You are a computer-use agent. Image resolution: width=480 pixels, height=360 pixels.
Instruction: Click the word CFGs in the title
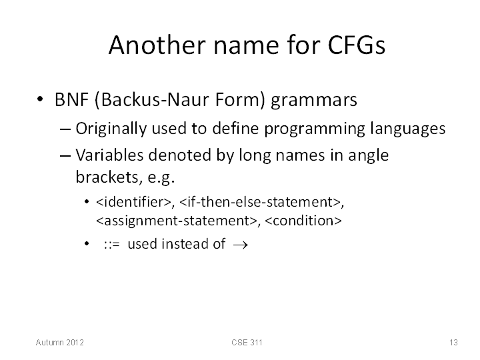(x=356, y=45)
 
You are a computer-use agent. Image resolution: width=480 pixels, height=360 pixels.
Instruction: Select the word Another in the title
(x=157, y=45)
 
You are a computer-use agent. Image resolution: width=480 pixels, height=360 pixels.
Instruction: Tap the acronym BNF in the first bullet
(x=71, y=99)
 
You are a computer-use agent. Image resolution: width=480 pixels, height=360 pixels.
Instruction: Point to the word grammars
(x=314, y=101)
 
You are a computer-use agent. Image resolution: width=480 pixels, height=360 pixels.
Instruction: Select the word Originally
(x=111, y=129)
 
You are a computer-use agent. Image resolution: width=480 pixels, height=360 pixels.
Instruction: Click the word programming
(x=315, y=129)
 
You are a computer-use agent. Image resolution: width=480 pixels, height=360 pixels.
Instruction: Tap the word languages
(x=407, y=129)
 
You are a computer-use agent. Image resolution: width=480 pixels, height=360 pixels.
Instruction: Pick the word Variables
(x=109, y=155)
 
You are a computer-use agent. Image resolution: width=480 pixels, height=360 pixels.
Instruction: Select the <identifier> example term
(x=133, y=202)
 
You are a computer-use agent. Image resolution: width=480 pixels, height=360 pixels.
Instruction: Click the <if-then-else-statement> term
(x=260, y=202)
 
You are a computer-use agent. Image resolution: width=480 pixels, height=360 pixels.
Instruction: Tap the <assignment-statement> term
(x=177, y=221)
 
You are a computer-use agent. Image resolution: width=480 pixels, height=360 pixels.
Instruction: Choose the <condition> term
(x=303, y=221)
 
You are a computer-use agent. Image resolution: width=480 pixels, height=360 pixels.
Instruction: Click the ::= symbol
(x=112, y=245)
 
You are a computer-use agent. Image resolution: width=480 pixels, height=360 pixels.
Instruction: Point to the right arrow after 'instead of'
(x=240, y=245)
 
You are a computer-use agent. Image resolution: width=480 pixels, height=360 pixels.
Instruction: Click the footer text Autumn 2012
(x=60, y=343)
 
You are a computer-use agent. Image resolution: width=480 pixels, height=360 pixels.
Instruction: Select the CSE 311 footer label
(x=247, y=343)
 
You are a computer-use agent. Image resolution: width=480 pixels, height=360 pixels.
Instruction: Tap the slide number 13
(x=453, y=343)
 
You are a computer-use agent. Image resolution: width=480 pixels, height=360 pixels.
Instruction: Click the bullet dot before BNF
(x=40, y=99)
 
